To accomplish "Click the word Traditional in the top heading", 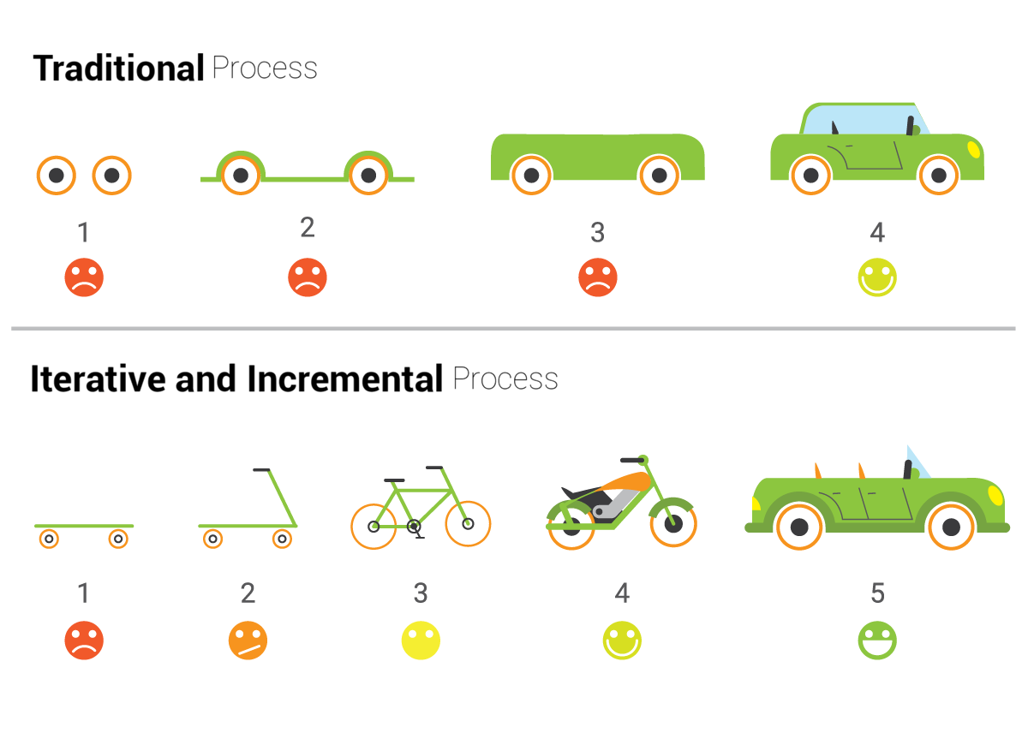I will coord(118,69).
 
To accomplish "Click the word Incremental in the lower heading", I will coord(344,378).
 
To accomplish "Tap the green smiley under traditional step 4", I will coord(877,278).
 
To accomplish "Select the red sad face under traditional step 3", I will coord(598,278).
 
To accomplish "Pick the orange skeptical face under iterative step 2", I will coord(248,641).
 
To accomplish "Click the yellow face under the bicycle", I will coord(421,641).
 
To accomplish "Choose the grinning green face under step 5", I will coord(877,641).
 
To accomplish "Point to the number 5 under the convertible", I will coord(877,593).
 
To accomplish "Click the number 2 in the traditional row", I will coord(308,228).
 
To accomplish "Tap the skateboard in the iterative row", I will coord(84,526).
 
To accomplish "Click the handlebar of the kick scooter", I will coord(261,470).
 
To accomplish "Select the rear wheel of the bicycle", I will coord(374,525).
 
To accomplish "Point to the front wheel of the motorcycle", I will coord(673,523).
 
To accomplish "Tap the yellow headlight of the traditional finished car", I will coord(973,149).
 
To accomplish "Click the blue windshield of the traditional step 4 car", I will coord(857,119).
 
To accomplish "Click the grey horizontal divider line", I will coord(514,328).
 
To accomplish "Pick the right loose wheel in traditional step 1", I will coord(111,176).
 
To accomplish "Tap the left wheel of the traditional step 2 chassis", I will coord(241,176).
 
